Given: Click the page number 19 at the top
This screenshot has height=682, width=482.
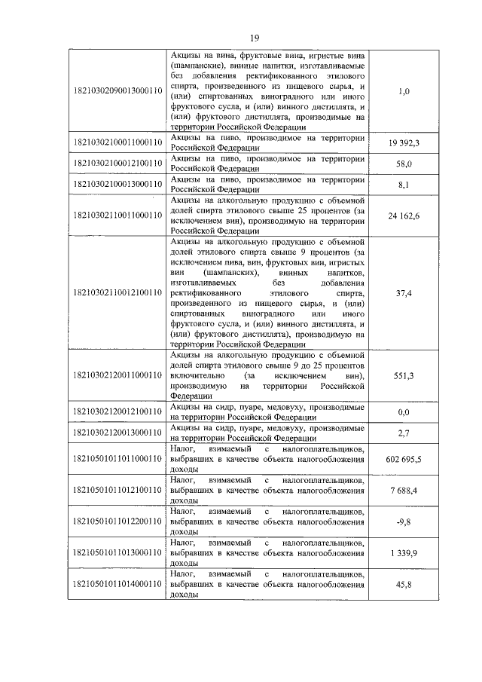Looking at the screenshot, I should [x=254, y=38].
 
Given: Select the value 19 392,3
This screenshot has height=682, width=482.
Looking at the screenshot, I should [x=404, y=142].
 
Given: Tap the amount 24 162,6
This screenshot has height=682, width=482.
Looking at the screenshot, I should [x=404, y=216].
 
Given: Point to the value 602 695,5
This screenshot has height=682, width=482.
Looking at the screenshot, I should [x=404, y=457].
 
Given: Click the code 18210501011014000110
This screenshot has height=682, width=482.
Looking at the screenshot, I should [x=117, y=583].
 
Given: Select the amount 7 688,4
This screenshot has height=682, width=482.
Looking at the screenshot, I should [x=404, y=489].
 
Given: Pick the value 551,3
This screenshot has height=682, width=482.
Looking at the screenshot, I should [x=404, y=375].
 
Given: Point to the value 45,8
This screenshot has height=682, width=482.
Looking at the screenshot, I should [x=404, y=583].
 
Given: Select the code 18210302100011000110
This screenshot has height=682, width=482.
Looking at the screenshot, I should [x=117, y=142].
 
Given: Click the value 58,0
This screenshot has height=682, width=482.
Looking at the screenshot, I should [x=404, y=163].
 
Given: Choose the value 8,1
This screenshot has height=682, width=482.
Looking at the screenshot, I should [x=404, y=183].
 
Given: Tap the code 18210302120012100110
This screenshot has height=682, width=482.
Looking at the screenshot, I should [x=117, y=411].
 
